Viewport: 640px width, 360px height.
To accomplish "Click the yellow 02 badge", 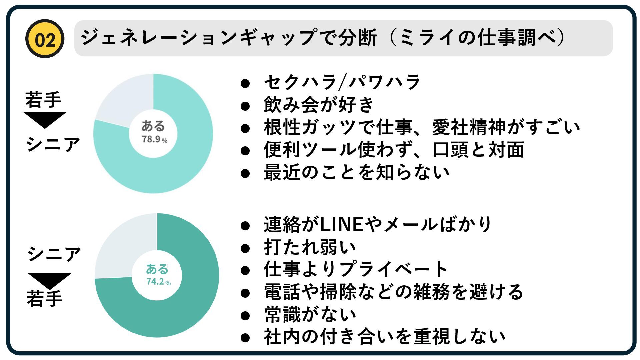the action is click(x=45, y=39).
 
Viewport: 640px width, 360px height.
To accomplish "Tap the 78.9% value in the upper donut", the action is click(x=154, y=139).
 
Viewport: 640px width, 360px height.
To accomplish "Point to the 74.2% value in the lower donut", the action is click(x=158, y=282).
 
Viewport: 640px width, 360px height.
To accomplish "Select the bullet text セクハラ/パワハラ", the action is click(x=342, y=82).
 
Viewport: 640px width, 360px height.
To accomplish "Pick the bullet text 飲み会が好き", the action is click(x=319, y=105).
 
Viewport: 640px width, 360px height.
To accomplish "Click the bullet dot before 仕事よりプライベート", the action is click(x=245, y=270).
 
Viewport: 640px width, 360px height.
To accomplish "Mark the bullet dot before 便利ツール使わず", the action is click(x=245, y=151).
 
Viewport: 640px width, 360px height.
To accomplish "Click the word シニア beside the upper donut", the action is click(x=53, y=144).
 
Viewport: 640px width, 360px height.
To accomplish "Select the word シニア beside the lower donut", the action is click(x=54, y=254).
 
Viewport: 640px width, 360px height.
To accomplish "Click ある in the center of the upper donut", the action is click(x=153, y=126).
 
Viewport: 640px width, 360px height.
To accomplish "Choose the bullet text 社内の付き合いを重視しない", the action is click(x=385, y=337).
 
